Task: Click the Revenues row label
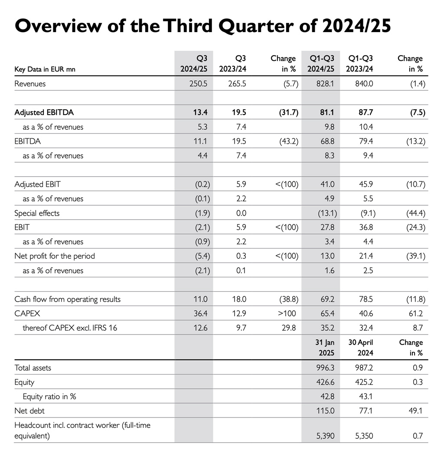click(30, 84)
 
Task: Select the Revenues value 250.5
click(199, 84)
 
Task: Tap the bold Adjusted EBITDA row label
click(44, 112)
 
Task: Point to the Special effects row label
click(37, 213)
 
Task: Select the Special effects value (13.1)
click(325, 213)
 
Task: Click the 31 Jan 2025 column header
click(325, 348)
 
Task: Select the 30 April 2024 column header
click(361, 348)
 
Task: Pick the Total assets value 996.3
click(326, 368)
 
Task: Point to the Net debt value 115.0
click(326, 411)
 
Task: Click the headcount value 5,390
click(325, 436)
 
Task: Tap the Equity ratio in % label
click(49, 397)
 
